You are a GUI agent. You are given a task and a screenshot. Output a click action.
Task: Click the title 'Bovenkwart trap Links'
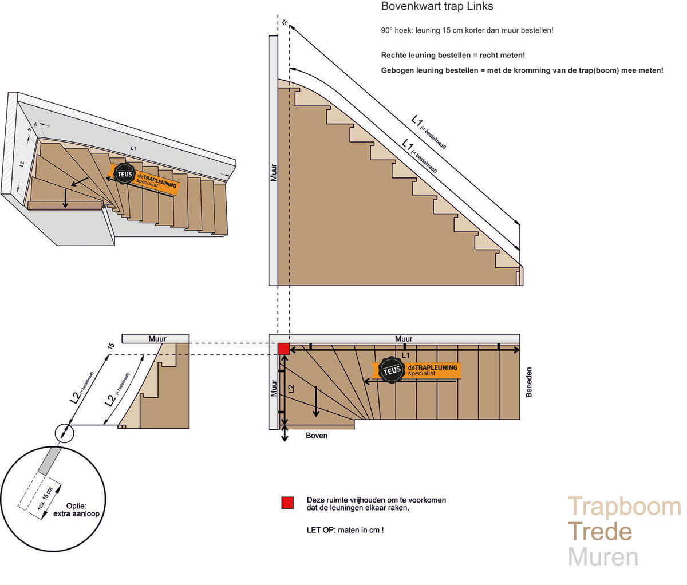pos(437,7)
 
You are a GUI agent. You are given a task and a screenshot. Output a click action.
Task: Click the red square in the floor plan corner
pos(283,349)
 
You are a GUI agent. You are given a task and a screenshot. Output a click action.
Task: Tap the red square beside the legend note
pos(287,503)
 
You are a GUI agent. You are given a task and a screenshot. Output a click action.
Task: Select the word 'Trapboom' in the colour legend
pos(624,507)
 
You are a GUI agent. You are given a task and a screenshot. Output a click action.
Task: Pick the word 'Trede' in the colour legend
pos(599,532)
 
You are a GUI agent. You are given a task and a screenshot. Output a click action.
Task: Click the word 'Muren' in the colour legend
pos(603,556)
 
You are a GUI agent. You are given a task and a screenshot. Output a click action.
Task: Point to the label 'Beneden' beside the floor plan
pos(529,382)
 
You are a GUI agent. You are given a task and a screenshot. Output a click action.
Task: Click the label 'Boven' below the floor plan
pos(317,436)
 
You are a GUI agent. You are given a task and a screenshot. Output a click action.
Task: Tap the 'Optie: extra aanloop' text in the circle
pos(76,509)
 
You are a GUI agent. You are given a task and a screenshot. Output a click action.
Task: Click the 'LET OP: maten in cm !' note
pos(345,530)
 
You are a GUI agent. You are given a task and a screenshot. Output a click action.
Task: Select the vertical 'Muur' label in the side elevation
pos(273,171)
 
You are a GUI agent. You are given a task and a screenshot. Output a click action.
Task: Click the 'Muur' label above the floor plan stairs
pos(404,339)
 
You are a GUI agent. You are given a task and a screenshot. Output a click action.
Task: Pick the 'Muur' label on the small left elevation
pos(157,339)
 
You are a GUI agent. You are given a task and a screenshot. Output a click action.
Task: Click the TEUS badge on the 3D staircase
pos(124,173)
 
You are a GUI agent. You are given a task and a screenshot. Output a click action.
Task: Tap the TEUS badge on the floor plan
pos(392,371)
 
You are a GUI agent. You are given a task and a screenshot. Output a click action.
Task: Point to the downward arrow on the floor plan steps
pos(315,401)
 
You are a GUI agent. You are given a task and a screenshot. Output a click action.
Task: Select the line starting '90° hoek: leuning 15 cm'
pos(467,30)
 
